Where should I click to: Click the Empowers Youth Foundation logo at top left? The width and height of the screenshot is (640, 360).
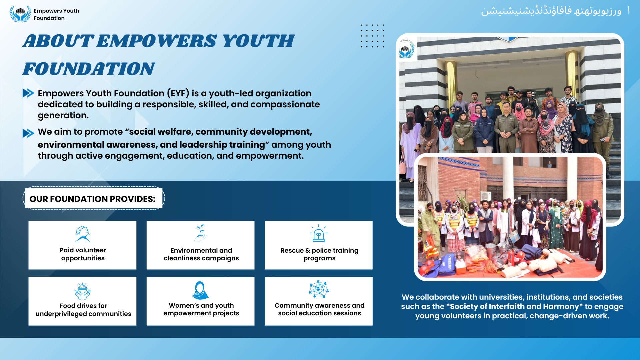click(20, 14)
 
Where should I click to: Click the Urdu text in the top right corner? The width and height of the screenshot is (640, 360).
click(551, 11)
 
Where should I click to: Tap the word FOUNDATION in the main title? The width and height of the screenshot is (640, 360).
click(89, 69)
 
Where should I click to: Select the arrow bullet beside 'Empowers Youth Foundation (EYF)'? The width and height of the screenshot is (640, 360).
click(28, 93)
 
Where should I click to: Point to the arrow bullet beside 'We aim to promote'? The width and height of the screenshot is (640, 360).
click(28, 133)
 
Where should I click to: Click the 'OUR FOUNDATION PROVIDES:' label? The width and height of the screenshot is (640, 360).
click(93, 199)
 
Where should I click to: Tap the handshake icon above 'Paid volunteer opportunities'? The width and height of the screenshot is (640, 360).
click(82, 234)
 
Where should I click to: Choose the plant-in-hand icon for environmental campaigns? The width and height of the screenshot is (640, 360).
click(201, 233)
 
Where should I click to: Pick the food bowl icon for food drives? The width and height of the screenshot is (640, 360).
click(82, 291)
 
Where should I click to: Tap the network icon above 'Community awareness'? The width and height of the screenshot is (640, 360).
click(319, 289)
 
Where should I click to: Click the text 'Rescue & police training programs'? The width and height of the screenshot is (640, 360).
click(319, 254)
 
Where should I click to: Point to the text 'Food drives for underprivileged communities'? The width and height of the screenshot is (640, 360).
click(83, 310)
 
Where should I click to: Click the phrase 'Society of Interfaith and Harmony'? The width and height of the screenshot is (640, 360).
click(514, 306)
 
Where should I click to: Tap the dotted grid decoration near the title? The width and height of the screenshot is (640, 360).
click(372, 36)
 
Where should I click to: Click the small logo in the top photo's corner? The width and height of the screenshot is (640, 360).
click(407, 49)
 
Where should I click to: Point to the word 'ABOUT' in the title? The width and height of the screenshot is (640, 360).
click(58, 41)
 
